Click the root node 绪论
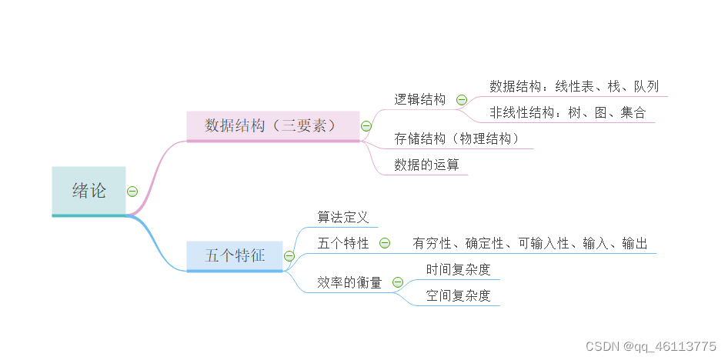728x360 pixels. click(88, 191)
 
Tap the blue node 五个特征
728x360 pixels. click(235, 255)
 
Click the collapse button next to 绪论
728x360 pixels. click(132, 192)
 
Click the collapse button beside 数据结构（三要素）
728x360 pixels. click(366, 125)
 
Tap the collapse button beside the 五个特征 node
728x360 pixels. click(289, 255)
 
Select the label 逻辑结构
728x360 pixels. click(420, 99)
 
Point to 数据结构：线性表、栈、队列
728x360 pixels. click(574, 86)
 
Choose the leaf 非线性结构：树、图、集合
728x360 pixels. click(568, 113)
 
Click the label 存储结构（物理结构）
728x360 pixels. click(457, 139)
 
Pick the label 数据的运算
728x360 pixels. click(426, 165)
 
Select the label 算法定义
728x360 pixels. click(343, 218)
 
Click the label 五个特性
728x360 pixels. click(343, 243)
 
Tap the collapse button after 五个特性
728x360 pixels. click(385, 243)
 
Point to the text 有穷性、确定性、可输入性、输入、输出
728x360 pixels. click(529, 243)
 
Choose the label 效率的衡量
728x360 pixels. click(349, 282)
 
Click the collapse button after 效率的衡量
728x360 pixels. click(398, 282)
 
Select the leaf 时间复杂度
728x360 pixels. click(458, 270)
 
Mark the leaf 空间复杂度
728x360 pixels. click(458, 295)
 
